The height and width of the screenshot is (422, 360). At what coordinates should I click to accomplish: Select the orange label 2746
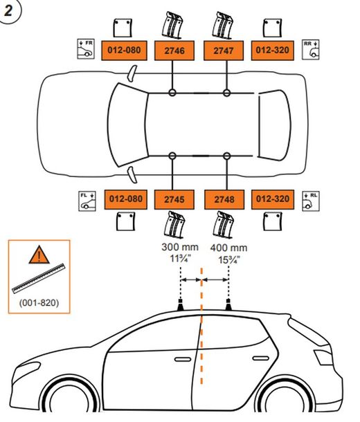point(171,50)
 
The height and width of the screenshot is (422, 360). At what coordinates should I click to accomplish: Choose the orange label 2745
point(171,199)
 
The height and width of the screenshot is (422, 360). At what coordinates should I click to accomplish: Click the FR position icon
point(86,48)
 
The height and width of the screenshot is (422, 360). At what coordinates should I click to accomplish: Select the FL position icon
point(86,201)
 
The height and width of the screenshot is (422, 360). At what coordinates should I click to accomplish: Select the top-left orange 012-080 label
point(125,50)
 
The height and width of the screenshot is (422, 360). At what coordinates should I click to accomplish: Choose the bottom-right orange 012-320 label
point(272,199)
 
